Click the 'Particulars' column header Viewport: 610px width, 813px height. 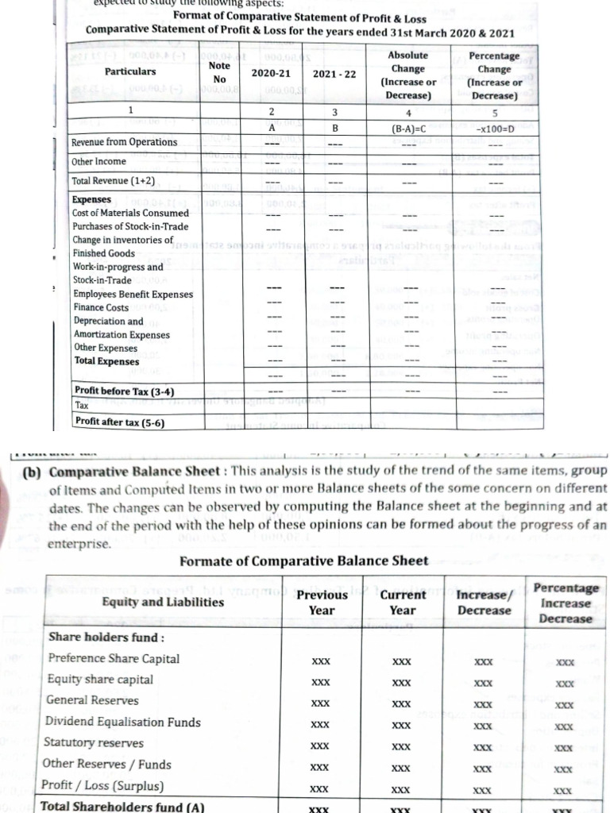coord(130,71)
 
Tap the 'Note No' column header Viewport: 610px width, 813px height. coord(219,72)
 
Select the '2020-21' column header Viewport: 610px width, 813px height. coord(271,73)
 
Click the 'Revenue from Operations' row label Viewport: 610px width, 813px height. coord(125,142)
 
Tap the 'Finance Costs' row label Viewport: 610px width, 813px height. coord(101,307)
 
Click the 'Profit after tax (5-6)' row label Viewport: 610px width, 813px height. coord(119,422)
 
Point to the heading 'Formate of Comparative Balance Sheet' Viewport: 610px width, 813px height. coord(304,561)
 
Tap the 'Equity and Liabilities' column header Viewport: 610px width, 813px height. coord(164,602)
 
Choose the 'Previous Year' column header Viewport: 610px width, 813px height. coord(321,602)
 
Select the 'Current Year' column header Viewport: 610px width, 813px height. coord(403,602)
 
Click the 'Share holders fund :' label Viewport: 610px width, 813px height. coord(95,638)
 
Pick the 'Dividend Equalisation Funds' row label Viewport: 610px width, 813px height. coord(122,722)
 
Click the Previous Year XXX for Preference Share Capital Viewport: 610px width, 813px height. coord(321,661)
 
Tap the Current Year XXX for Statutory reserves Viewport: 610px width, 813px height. coord(402,746)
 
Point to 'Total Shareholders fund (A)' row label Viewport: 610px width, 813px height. coord(122,807)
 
